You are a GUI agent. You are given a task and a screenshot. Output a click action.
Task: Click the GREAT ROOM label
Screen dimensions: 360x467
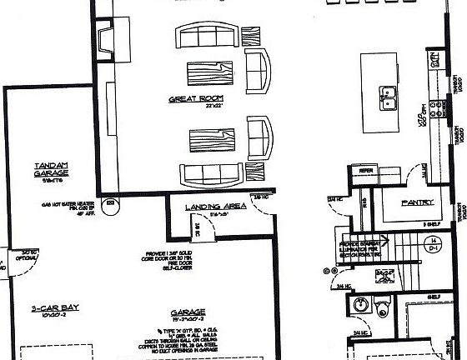pyautogui.click(x=193, y=98)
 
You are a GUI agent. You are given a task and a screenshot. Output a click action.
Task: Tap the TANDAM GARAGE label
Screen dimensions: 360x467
pyautogui.click(x=52, y=167)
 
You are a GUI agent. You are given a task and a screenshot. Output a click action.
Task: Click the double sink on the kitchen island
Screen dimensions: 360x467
pyautogui.click(x=387, y=98)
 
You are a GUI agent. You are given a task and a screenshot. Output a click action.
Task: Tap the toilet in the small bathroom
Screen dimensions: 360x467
pyautogui.click(x=383, y=303)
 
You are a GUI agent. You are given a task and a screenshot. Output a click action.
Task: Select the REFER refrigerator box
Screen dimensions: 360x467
pyautogui.click(x=365, y=172)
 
